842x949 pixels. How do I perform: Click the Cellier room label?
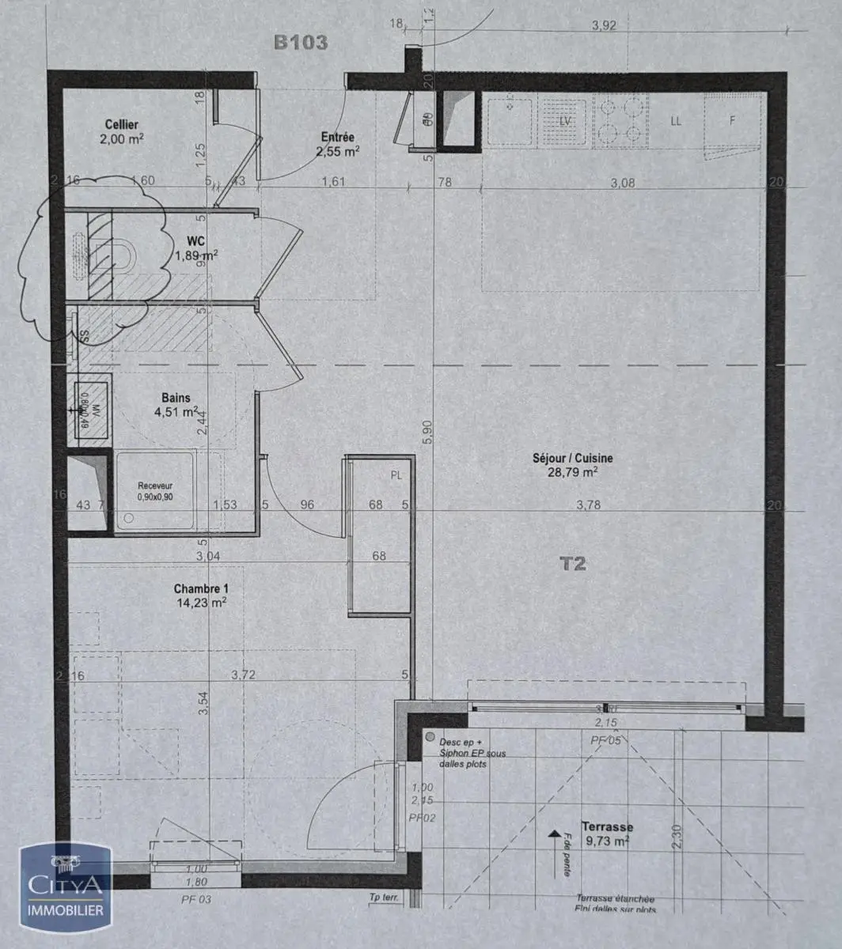(x=121, y=125)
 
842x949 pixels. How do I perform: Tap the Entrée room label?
(x=338, y=138)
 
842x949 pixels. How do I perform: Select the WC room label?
(x=197, y=240)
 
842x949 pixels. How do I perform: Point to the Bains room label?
(x=176, y=398)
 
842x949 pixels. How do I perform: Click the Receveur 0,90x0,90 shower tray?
(x=155, y=490)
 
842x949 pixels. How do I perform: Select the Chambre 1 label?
(x=200, y=589)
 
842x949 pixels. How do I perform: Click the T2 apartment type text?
(x=572, y=564)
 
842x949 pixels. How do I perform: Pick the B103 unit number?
(x=301, y=43)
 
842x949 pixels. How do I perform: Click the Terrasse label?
(x=606, y=826)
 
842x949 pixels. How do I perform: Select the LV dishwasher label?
(x=564, y=121)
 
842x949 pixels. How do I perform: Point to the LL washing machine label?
(x=676, y=121)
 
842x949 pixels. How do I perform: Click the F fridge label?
(x=732, y=121)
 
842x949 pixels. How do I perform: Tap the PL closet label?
(x=396, y=475)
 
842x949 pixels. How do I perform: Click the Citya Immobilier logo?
(x=66, y=886)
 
